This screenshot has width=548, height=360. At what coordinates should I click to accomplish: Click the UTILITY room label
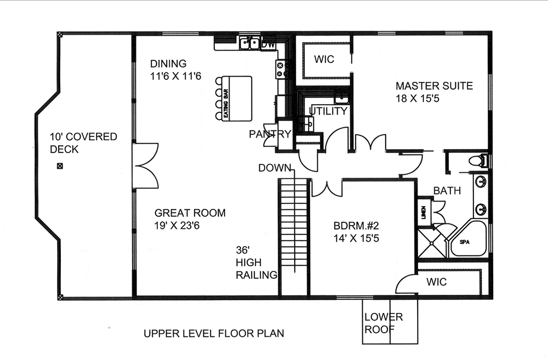tap(328, 111)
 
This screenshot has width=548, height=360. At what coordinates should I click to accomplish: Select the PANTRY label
tap(270, 134)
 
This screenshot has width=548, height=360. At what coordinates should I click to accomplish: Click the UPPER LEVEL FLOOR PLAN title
tap(214, 333)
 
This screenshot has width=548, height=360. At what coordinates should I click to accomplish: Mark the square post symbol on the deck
tap(60, 166)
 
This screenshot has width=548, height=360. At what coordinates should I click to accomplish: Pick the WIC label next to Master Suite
tap(324, 59)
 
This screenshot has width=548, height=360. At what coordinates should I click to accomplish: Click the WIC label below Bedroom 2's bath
tap(436, 282)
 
